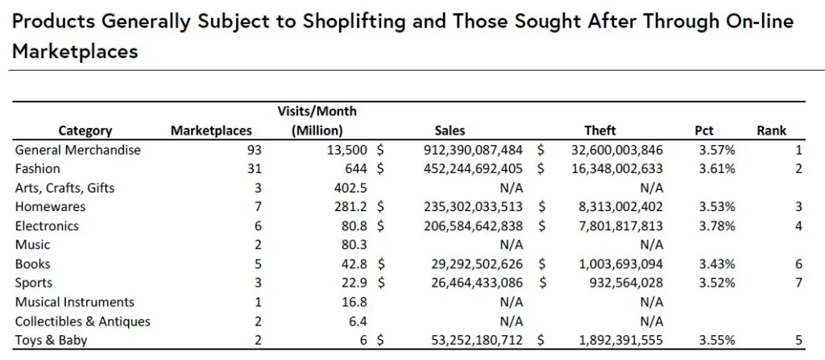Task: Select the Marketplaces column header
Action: (x=211, y=130)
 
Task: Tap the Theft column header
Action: (x=600, y=130)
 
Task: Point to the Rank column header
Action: (x=771, y=130)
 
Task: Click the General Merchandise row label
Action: (x=78, y=150)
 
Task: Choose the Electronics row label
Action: (x=47, y=226)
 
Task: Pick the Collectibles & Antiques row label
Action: (x=83, y=321)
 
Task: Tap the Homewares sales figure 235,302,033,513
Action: (x=473, y=207)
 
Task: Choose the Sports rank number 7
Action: (x=798, y=283)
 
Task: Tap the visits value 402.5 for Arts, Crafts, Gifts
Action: (x=350, y=188)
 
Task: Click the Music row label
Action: (x=32, y=245)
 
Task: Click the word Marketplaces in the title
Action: (x=75, y=52)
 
